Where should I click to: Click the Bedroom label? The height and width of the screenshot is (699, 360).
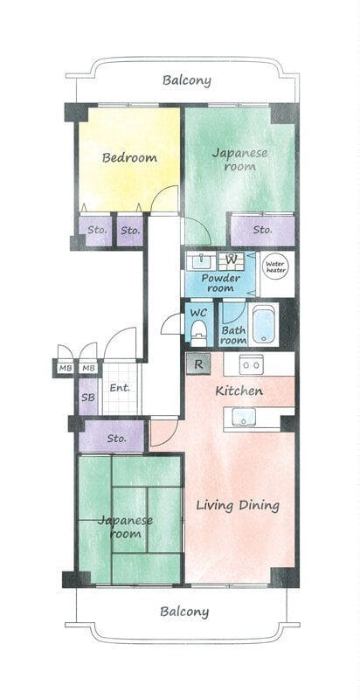click(x=129, y=157)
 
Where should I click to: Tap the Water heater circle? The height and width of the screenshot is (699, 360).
click(x=275, y=267)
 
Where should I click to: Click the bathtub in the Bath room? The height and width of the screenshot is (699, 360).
click(x=263, y=324)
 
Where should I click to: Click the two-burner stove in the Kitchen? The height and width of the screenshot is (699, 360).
click(x=251, y=364)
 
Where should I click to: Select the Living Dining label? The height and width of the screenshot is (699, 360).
click(x=238, y=506)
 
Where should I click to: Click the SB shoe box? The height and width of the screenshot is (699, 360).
click(x=88, y=397)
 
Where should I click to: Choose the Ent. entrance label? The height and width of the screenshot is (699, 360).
click(x=120, y=387)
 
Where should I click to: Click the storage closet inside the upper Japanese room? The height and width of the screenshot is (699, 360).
click(x=262, y=230)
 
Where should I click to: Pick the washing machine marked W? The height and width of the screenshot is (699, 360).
click(x=232, y=260)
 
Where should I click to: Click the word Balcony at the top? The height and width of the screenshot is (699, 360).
click(x=186, y=80)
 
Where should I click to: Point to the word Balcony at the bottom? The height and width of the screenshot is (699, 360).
click(x=184, y=612)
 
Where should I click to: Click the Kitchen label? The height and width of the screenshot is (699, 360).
click(x=239, y=391)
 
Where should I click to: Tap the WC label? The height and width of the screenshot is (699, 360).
click(x=198, y=313)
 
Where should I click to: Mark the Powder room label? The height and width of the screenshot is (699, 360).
click(x=220, y=283)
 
